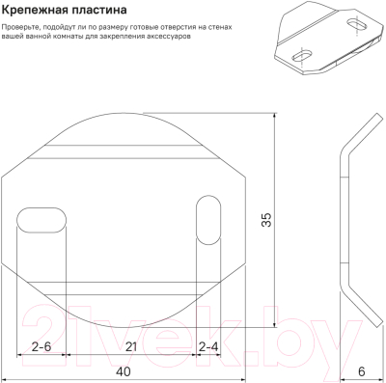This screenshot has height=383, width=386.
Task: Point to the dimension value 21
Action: (130, 345)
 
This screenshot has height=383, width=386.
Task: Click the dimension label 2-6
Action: (41, 345)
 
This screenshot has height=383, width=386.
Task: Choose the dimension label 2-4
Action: (207, 345)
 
